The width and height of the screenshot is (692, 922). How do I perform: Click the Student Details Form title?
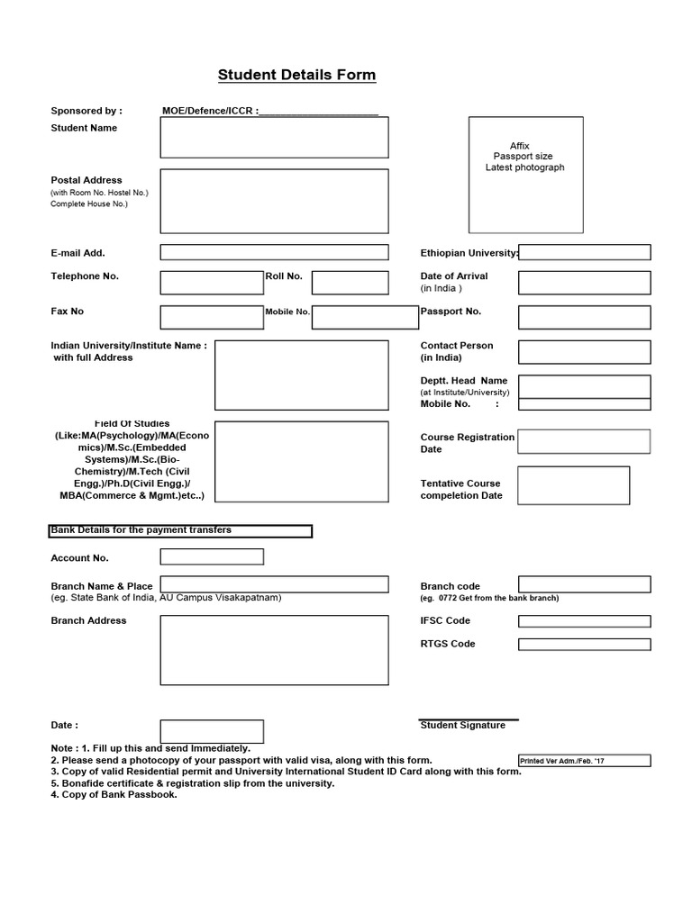(x=296, y=75)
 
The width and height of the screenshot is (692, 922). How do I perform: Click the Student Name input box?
(x=274, y=137)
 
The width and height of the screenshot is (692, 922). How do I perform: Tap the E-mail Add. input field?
(x=274, y=252)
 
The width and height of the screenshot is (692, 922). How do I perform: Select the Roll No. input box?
(x=350, y=282)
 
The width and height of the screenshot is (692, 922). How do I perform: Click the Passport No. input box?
(x=584, y=317)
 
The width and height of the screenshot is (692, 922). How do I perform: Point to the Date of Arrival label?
(x=453, y=276)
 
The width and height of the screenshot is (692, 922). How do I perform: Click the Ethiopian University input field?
(x=584, y=252)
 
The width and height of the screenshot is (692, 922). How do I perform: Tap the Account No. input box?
(x=212, y=556)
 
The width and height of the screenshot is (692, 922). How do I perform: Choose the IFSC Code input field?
(x=584, y=621)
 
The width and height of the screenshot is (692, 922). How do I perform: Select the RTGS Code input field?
(x=584, y=645)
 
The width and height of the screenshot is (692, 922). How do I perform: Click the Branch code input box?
(x=584, y=585)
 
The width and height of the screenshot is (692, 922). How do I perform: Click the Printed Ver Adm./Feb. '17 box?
(x=584, y=761)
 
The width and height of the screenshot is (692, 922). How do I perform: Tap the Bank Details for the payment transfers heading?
(x=180, y=531)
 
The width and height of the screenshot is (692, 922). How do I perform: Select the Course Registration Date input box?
(x=584, y=441)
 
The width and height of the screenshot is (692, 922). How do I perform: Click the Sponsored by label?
(x=86, y=112)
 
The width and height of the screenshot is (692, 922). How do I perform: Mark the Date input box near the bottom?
(x=212, y=731)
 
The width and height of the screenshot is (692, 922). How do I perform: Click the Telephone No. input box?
(x=212, y=282)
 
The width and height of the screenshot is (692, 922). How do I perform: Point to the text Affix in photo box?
(x=520, y=146)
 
